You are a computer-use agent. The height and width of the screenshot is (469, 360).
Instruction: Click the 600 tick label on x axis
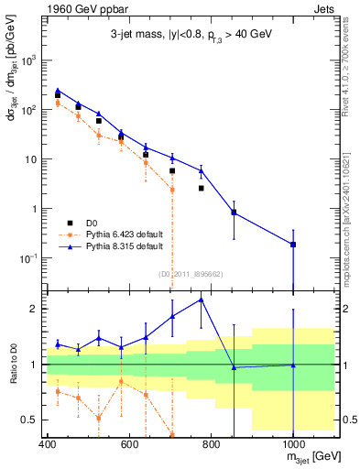pos(129,445)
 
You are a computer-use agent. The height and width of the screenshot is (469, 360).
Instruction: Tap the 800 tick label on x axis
pos(211,445)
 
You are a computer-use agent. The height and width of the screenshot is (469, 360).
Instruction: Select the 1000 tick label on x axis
pos(292,445)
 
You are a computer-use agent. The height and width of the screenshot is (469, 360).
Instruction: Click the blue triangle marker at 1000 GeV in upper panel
pos(293,244)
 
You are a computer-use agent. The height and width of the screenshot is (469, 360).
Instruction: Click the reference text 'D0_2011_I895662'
pos(191,273)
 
